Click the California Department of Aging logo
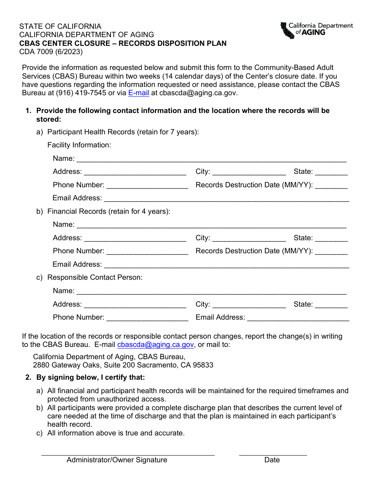[316, 30]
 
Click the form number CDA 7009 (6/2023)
[51, 51]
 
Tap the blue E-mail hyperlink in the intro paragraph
[139, 93]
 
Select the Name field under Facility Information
[211, 159]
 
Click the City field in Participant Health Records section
[249, 172]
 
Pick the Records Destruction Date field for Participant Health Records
[331, 185]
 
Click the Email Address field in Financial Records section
[226, 265]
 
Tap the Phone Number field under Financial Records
[147, 251]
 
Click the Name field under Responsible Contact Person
[211, 291]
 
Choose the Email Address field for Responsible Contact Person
[298, 318]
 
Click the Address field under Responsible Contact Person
[135, 305]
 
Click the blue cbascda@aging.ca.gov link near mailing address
[156, 345]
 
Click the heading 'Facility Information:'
[79, 145]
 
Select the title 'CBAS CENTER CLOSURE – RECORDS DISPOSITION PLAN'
[123, 43]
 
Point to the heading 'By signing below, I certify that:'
[91, 377]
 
